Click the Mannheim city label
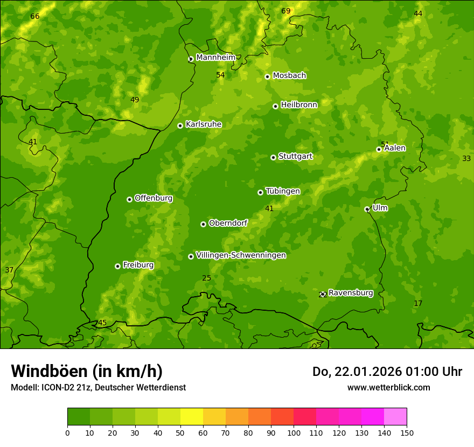(215, 58)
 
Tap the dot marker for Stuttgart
(273, 157)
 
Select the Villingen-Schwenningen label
(241, 255)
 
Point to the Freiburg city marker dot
(117, 266)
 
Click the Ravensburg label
(350, 293)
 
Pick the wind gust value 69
(286, 11)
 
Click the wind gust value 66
(35, 17)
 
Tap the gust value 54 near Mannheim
(220, 75)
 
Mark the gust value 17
(418, 304)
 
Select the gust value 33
(466, 158)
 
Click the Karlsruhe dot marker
(180, 125)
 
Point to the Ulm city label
(380, 208)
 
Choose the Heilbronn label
(299, 105)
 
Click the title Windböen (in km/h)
(87, 371)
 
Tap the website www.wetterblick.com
(388, 387)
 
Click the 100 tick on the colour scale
(294, 432)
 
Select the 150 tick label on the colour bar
(407, 432)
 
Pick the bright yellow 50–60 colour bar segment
(192, 417)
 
